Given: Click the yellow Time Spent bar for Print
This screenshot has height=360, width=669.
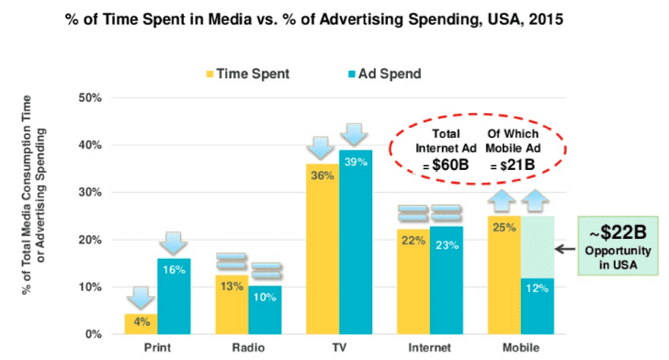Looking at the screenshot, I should click(x=141, y=324).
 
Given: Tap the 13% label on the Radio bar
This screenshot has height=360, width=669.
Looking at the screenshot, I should click(x=232, y=286).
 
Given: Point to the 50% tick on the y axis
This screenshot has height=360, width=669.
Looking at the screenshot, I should click(x=90, y=98).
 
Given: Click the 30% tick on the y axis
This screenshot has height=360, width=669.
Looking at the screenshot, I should click(x=90, y=193).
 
